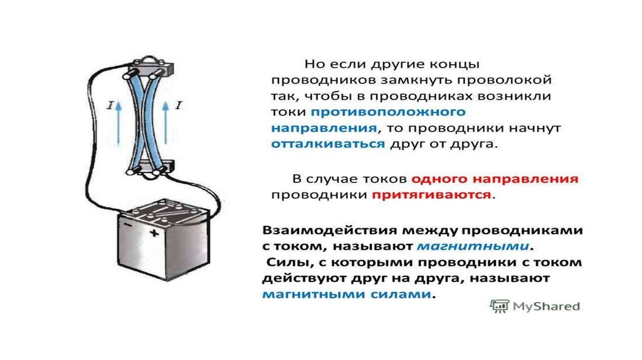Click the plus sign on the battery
(x=154, y=233)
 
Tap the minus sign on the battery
(x=128, y=225)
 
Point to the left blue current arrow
(x=118, y=124)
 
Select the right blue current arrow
(x=166, y=123)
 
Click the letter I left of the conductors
(x=109, y=105)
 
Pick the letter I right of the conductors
(x=178, y=105)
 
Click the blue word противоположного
(x=388, y=112)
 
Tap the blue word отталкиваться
(x=328, y=144)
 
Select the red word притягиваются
(x=431, y=194)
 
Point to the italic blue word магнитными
(x=473, y=246)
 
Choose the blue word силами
(x=401, y=294)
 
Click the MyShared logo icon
(x=499, y=306)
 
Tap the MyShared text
(x=546, y=306)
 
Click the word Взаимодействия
(x=330, y=231)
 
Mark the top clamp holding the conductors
(x=151, y=66)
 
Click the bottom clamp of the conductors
(x=152, y=168)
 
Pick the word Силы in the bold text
(x=286, y=262)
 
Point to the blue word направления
(x=324, y=128)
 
